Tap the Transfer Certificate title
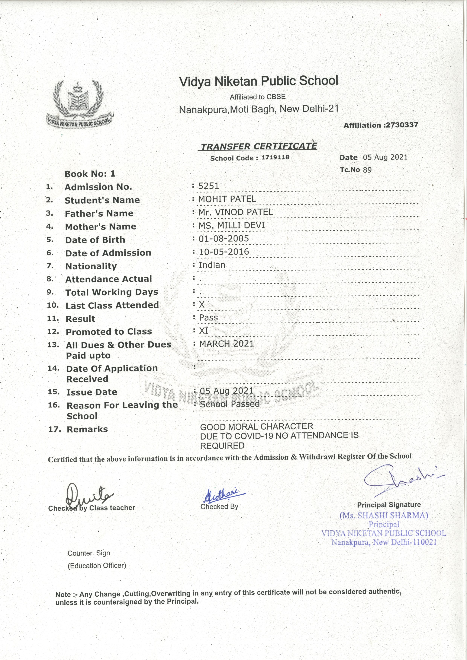coord(258,146)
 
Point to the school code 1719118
coord(275,157)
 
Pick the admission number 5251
coord(209,186)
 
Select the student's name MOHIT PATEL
coord(227,199)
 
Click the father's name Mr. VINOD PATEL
coord(235,212)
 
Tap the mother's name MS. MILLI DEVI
coord(231,225)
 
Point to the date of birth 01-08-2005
coord(224,239)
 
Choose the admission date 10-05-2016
coord(224,252)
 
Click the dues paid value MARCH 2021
coord(227,344)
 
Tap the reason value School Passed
coord(230,404)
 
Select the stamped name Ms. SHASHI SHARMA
coord(384,515)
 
